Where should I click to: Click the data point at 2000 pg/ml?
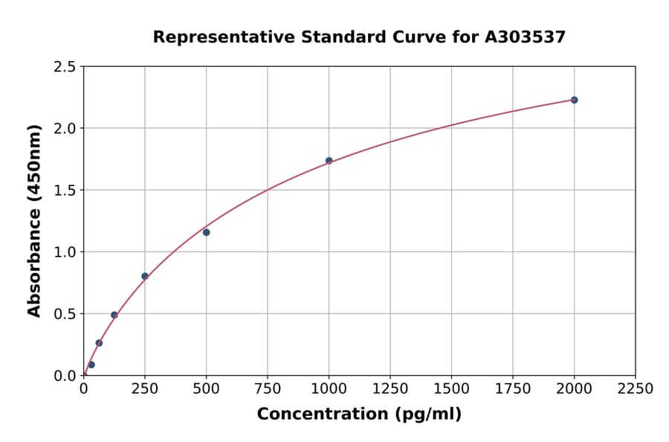pyautogui.click(x=574, y=100)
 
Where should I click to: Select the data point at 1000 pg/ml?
pyautogui.click(x=329, y=161)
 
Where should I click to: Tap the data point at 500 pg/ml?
pyautogui.click(x=206, y=232)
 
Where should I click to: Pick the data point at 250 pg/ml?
pyautogui.click(x=145, y=276)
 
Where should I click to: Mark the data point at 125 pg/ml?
pyautogui.click(x=114, y=315)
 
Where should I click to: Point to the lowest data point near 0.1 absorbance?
pyautogui.click(x=91, y=365)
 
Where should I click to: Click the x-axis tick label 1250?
pyautogui.click(x=390, y=389)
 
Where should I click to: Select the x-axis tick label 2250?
pyautogui.click(x=636, y=389)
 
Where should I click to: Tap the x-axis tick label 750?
pyautogui.click(x=268, y=389)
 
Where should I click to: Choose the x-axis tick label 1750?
pyautogui.click(x=513, y=389)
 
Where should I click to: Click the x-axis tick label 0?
pyautogui.click(x=84, y=389)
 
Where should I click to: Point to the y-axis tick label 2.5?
pyautogui.click(x=65, y=67)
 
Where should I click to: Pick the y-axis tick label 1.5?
pyautogui.click(x=65, y=190)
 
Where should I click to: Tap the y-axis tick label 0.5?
pyautogui.click(x=65, y=314)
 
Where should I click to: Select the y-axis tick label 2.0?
pyautogui.click(x=65, y=129)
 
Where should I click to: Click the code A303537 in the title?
pyautogui.click(x=526, y=37)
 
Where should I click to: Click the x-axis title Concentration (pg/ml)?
pyautogui.click(x=359, y=414)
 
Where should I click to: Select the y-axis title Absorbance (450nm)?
pyautogui.click(x=34, y=220)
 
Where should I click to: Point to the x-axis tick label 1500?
pyautogui.click(x=451, y=389)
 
